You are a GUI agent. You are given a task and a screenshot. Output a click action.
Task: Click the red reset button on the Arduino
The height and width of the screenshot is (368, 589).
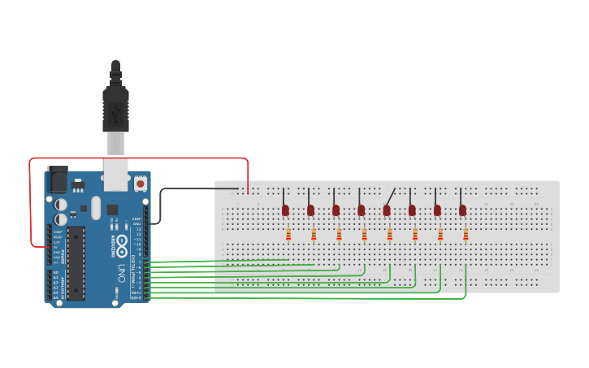pyautogui.click(x=141, y=184)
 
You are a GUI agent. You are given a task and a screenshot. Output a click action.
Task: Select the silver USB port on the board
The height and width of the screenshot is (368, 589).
pyautogui.click(x=115, y=173)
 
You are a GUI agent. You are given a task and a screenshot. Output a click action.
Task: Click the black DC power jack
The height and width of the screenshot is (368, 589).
pyautogui.click(x=58, y=178)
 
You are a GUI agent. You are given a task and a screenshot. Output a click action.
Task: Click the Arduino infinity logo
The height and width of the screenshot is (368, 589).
pyautogui.click(x=122, y=242)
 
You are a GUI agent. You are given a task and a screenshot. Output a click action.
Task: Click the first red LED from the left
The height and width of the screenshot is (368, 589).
pyautogui.click(x=285, y=210)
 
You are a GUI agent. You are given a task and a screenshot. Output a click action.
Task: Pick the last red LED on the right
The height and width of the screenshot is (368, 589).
pyautogui.click(x=462, y=210)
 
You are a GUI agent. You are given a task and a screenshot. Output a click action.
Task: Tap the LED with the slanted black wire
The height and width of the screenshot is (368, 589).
pyautogui.click(x=387, y=210)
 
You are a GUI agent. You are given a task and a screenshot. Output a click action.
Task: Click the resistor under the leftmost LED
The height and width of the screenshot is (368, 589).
pyautogui.click(x=288, y=235)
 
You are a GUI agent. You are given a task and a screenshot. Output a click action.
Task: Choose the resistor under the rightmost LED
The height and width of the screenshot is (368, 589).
pyautogui.click(x=466, y=235)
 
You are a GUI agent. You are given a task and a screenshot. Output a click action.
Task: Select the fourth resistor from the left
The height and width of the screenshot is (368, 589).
pyautogui.click(x=364, y=235)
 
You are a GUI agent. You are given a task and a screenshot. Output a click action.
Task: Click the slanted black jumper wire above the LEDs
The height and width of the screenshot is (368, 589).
pyautogui.click(x=391, y=196)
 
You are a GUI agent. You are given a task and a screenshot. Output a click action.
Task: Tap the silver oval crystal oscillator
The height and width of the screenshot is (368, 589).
pyautogui.click(x=96, y=206)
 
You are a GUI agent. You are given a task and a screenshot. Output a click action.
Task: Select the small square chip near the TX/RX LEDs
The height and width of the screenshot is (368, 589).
pyautogui.click(x=112, y=210)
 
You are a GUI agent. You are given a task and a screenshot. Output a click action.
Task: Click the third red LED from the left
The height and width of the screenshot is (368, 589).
pyautogui.click(x=336, y=210)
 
